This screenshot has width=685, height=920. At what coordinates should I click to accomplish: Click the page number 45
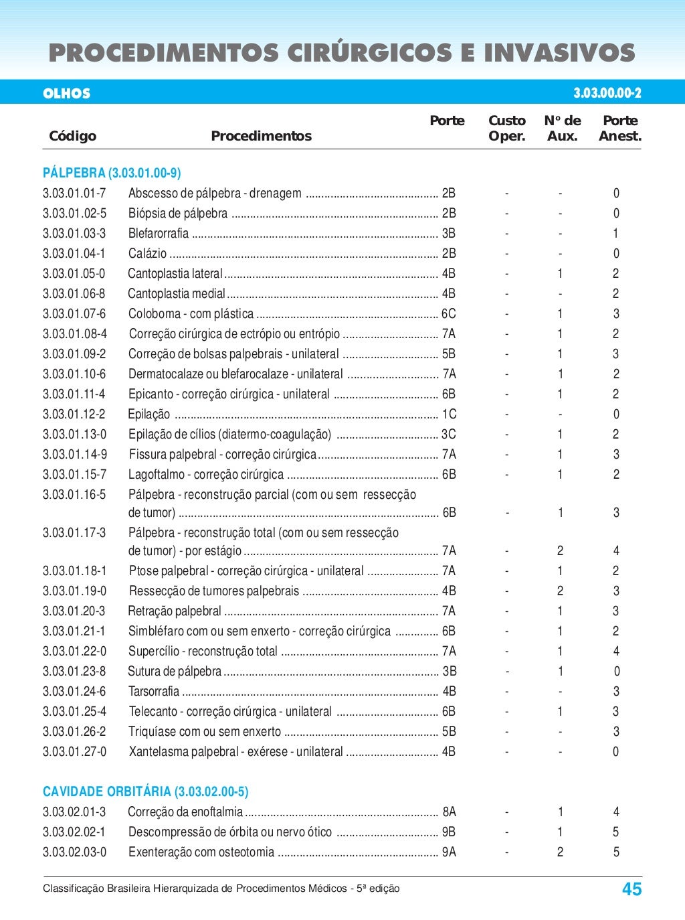(631, 889)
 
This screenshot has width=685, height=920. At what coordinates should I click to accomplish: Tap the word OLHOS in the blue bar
(66, 93)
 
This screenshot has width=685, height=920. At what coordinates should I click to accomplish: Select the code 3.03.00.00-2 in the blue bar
(607, 93)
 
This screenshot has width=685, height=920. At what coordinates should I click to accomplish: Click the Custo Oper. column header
(506, 128)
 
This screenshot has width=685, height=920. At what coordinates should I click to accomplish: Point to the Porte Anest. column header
(619, 128)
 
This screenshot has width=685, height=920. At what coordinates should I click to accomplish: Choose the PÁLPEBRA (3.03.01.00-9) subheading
(112, 173)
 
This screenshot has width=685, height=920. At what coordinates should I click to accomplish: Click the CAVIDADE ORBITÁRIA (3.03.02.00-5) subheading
(145, 791)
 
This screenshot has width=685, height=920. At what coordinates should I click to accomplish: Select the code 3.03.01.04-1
(74, 253)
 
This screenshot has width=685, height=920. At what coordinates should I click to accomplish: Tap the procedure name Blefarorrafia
(159, 233)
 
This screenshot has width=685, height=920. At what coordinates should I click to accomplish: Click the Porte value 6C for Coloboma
(448, 313)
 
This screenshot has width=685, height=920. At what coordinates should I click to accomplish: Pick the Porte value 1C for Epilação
(448, 414)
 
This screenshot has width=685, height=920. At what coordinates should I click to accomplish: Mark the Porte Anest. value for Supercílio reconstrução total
(615, 651)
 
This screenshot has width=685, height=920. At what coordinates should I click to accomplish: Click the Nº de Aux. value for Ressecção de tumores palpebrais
(560, 591)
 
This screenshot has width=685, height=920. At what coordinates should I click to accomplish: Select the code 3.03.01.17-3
(74, 532)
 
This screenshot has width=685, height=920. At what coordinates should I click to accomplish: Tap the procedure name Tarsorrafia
(154, 691)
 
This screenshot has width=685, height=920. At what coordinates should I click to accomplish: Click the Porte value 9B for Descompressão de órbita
(448, 832)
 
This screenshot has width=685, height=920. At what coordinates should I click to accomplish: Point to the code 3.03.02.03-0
(74, 852)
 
